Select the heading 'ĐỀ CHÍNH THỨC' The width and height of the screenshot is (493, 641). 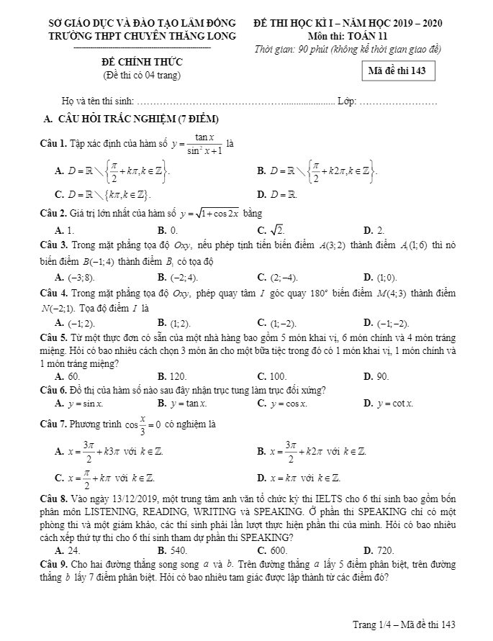point(142,63)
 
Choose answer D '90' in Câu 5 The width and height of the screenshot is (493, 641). point(376,376)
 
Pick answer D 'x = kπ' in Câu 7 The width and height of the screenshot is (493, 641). point(299,478)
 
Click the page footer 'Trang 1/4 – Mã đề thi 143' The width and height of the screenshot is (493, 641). point(404,624)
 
